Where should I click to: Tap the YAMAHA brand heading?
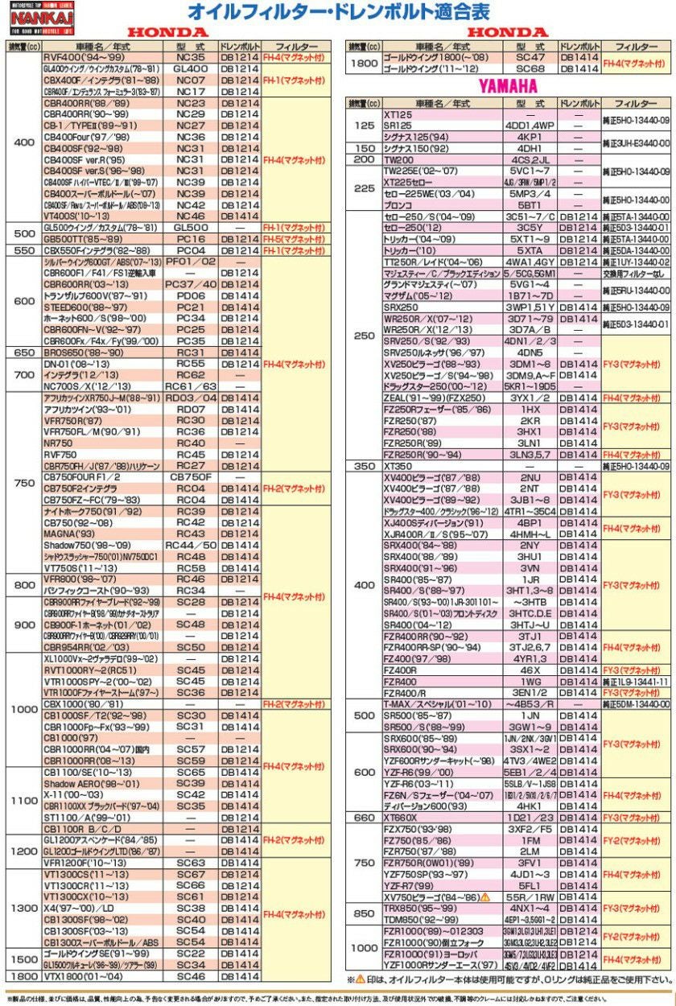[508, 85]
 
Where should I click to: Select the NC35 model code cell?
[190, 58]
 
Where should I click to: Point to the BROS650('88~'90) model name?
[84, 352]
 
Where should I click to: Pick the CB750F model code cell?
[190, 476]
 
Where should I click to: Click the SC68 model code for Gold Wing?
[530, 69]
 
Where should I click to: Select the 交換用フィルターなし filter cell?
[636, 274]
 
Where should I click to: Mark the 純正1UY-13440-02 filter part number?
[636, 262]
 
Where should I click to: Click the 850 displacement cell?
[364, 913]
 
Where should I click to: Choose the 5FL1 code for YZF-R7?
[530, 884]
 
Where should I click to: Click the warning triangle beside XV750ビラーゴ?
[486, 896]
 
